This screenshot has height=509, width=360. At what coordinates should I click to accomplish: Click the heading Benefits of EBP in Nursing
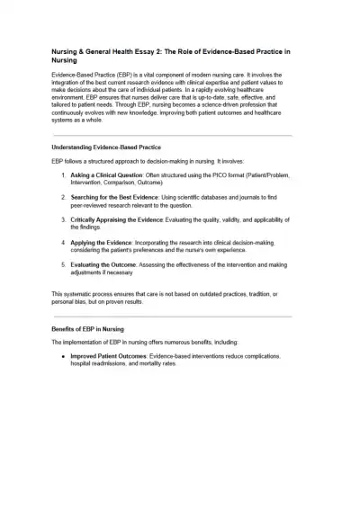[x=90, y=330]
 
